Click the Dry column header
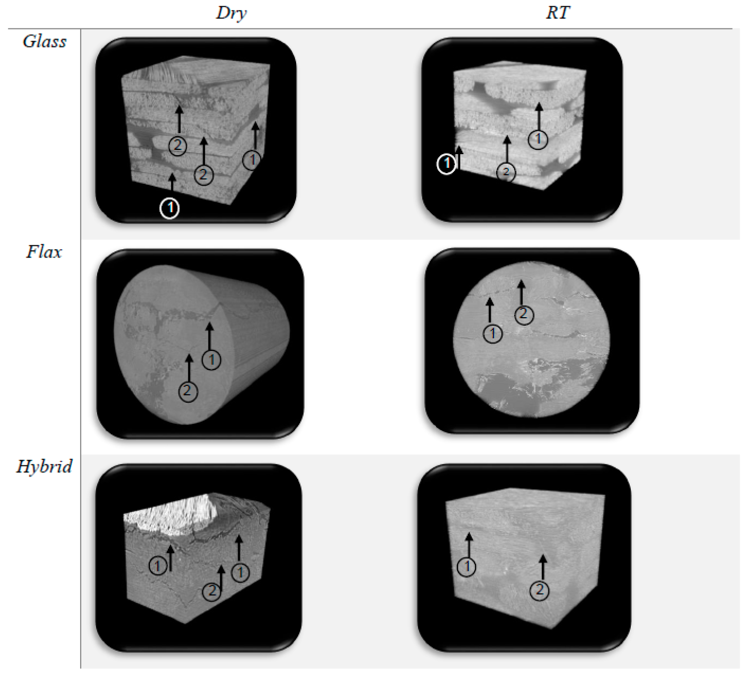coord(231,13)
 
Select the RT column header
coord(557,13)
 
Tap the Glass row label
coord(44,42)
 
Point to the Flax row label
coord(44,252)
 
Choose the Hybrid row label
coord(44,467)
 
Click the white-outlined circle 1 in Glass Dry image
coord(169,208)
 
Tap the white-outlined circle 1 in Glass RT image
coord(446,164)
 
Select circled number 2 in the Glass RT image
coord(506,172)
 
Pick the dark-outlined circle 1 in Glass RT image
coord(538,140)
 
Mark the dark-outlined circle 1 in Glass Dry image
coord(252,160)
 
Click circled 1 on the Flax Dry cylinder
coord(211,360)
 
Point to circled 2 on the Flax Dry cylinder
coord(188,391)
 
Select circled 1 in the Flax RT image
coord(493,334)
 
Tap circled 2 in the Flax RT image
coord(524,315)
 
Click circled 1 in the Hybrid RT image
coord(467,567)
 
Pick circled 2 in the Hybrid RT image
coord(539,590)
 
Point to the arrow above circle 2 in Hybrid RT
coord(543,567)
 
